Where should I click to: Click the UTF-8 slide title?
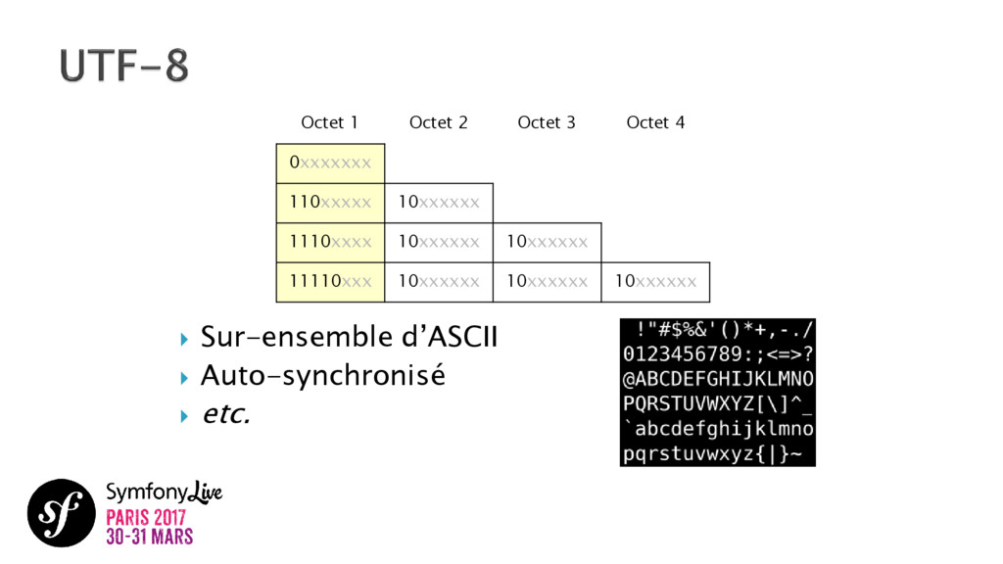pos(123,68)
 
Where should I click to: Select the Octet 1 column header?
pos(329,122)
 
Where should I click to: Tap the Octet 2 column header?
pos(438,122)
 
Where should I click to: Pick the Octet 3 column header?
pos(547,122)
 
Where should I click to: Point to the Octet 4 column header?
pos(655,122)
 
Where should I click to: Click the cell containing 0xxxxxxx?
pos(330,163)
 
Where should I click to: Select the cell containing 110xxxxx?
pos(330,203)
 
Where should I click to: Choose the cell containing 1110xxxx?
pos(330,242)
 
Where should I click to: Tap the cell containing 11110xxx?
pos(330,282)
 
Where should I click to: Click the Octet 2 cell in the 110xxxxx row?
pos(439,203)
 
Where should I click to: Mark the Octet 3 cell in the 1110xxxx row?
pos(547,242)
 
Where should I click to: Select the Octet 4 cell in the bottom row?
pos(655,282)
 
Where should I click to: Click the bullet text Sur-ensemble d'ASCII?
pos(349,339)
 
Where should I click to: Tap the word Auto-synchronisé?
pos(322,376)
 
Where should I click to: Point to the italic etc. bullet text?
pos(225,414)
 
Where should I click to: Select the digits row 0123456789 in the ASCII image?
pos(717,352)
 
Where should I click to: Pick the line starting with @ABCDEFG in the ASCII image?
pos(717,378)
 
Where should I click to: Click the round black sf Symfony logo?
pos(61,512)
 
